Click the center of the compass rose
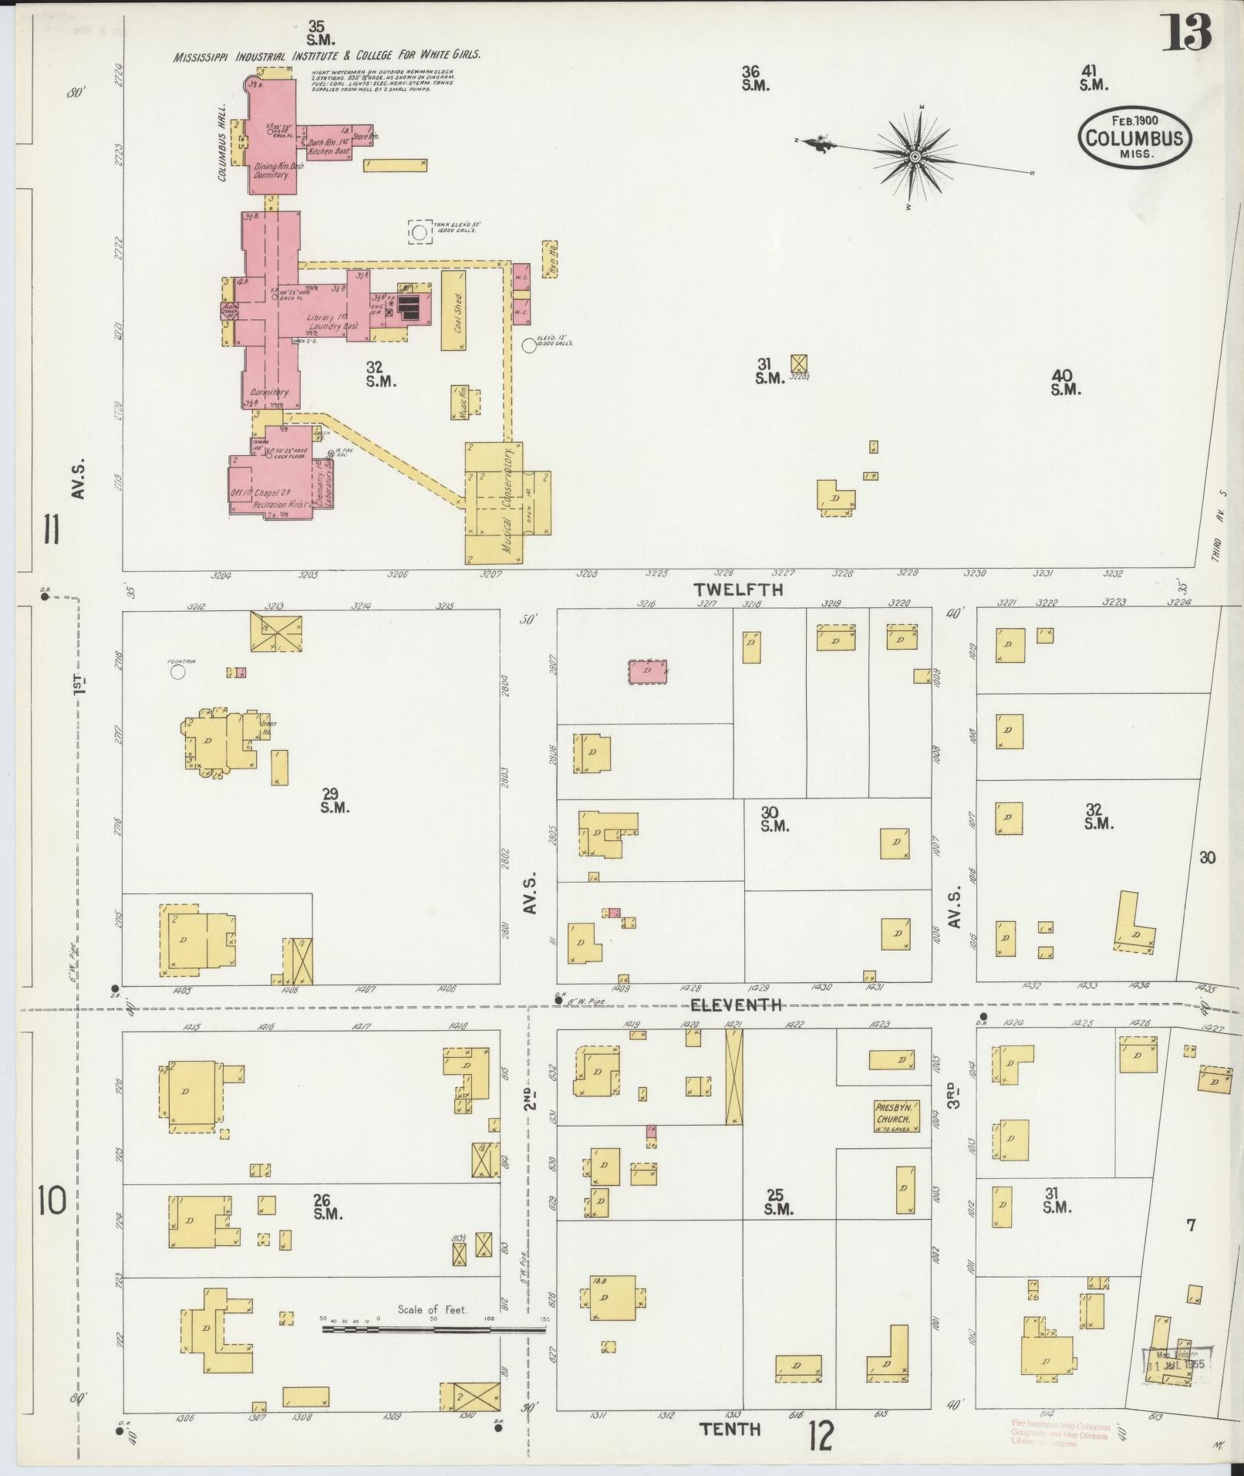tap(915, 157)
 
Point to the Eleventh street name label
tap(736, 1005)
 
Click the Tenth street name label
tap(730, 1429)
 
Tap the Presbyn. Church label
tap(893, 1115)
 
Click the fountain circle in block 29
tap(178, 672)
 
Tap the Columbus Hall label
tap(221, 143)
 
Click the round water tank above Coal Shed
tap(420, 231)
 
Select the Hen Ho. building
tap(550, 258)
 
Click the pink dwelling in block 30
tap(648, 671)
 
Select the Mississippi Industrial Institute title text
tap(327, 56)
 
